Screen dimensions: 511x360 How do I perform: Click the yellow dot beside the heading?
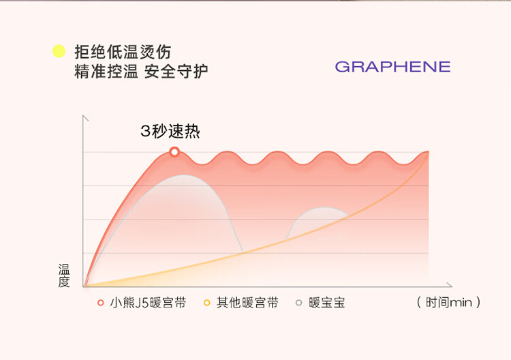point(59,51)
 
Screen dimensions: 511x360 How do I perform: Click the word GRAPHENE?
point(392,67)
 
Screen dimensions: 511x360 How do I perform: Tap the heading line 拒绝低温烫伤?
point(123,52)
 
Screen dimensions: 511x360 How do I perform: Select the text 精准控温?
point(106,72)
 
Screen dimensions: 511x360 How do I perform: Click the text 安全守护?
point(176,72)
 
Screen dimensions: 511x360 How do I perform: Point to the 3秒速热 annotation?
point(170,131)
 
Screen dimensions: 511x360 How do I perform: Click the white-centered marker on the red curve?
point(174,151)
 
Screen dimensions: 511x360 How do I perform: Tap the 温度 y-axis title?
point(64,275)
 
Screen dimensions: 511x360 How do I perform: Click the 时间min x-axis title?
point(449,302)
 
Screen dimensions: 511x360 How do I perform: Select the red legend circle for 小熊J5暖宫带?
point(101,303)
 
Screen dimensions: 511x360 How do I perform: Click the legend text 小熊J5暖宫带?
point(148,303)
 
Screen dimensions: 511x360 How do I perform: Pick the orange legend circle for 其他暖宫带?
point(206,303)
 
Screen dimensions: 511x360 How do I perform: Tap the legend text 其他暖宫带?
point(247,303)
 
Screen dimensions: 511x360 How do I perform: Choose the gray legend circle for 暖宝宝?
point(298,303)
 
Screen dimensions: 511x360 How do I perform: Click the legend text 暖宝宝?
point(327,303)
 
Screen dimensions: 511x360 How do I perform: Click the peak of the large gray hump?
point(185,175)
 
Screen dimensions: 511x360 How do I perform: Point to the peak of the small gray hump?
point(324,207)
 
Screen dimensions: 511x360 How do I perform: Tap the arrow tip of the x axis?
point(452,286)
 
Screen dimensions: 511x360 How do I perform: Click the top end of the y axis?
point(83,115)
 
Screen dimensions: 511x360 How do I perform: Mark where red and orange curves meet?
point(429,151)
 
